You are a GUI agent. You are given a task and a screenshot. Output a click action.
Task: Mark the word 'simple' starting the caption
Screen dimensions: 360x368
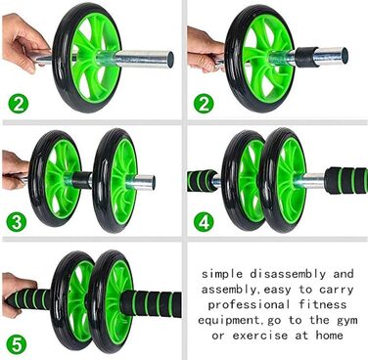[223, 274]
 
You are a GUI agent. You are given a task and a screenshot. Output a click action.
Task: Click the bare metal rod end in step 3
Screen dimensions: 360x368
[142, 181]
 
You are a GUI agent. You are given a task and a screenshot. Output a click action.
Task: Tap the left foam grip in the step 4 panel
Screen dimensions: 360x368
[204, 179]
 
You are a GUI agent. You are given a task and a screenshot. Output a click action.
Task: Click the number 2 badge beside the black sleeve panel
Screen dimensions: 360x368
[204, 102]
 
